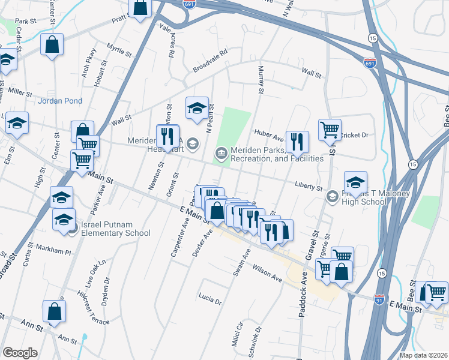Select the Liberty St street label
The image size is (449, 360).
coord(309,187)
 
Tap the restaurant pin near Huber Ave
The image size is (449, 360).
coord(297,142)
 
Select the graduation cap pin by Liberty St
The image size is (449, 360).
coord(355,182)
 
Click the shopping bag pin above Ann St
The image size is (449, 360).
coord(54,311)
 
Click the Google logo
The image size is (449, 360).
coord(20,353)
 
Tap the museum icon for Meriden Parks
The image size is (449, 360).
coord(221,154)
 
